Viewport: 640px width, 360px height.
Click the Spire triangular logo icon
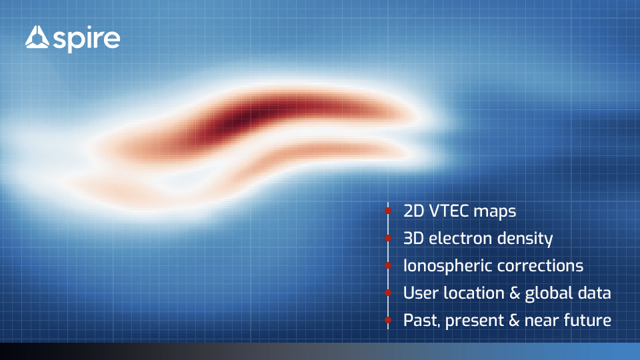[x=37, y=37]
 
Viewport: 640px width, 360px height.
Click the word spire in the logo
[x=87, y=39]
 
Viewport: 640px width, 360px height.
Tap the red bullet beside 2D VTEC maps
[x=388, y=211]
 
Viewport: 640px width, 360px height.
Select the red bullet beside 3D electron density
[x=388, y=238]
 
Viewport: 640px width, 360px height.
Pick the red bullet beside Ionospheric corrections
[x=388, y=265]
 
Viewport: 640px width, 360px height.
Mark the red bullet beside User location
[x=388, y=293]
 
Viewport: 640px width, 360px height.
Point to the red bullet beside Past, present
[x=388, y=320]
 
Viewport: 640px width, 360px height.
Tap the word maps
[x=495, y=212]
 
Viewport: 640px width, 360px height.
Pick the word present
[x=475, y=321]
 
